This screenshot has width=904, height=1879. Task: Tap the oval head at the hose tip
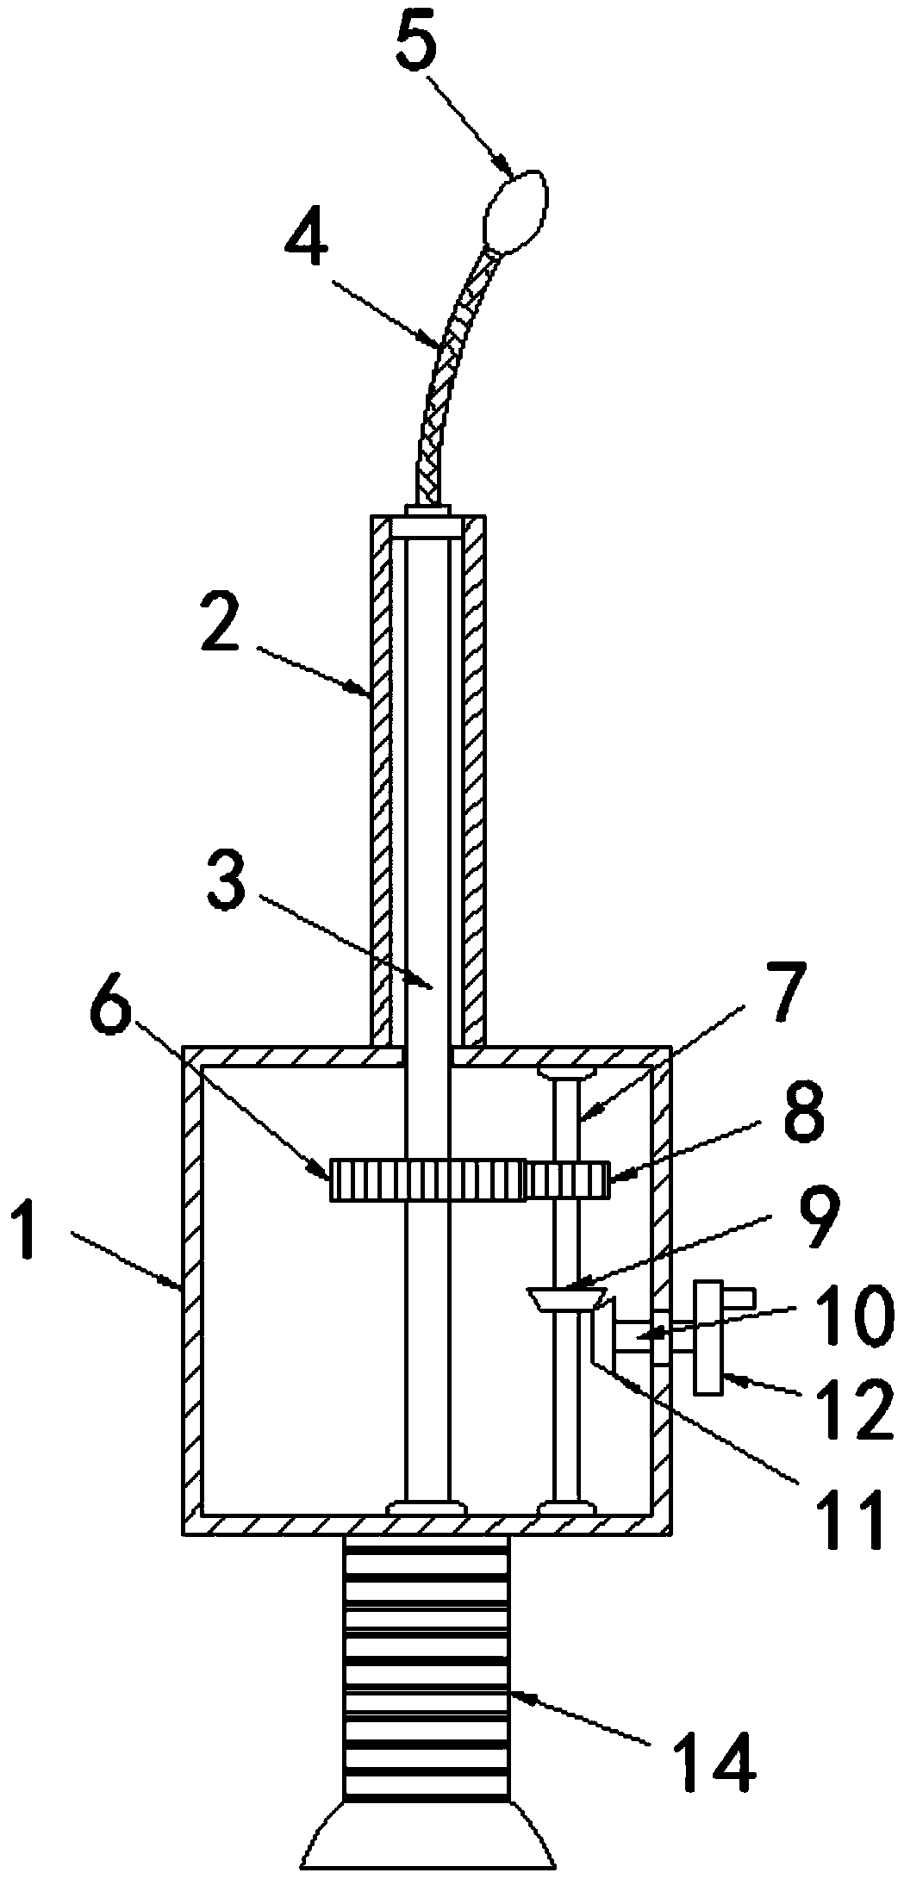point(515,212)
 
